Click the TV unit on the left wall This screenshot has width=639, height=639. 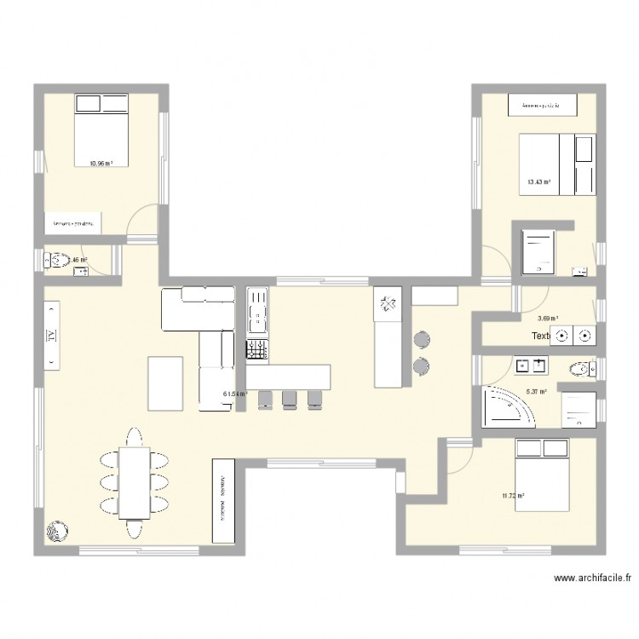(50, 335)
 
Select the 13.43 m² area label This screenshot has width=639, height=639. (538, 181)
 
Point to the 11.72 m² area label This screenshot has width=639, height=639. (513, 495)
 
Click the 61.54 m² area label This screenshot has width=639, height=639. (235, 394)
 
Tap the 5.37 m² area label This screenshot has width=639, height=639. (537, 391)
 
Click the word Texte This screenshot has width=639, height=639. (540, 336)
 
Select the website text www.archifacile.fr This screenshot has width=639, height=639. (592, 578)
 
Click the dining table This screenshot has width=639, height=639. (134, 482)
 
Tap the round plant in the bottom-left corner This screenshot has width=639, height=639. (56, 531)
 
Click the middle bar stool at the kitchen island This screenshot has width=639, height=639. (290, 399)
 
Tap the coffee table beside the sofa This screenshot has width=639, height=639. (165, 383)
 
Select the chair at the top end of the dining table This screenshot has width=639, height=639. (134, 437)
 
